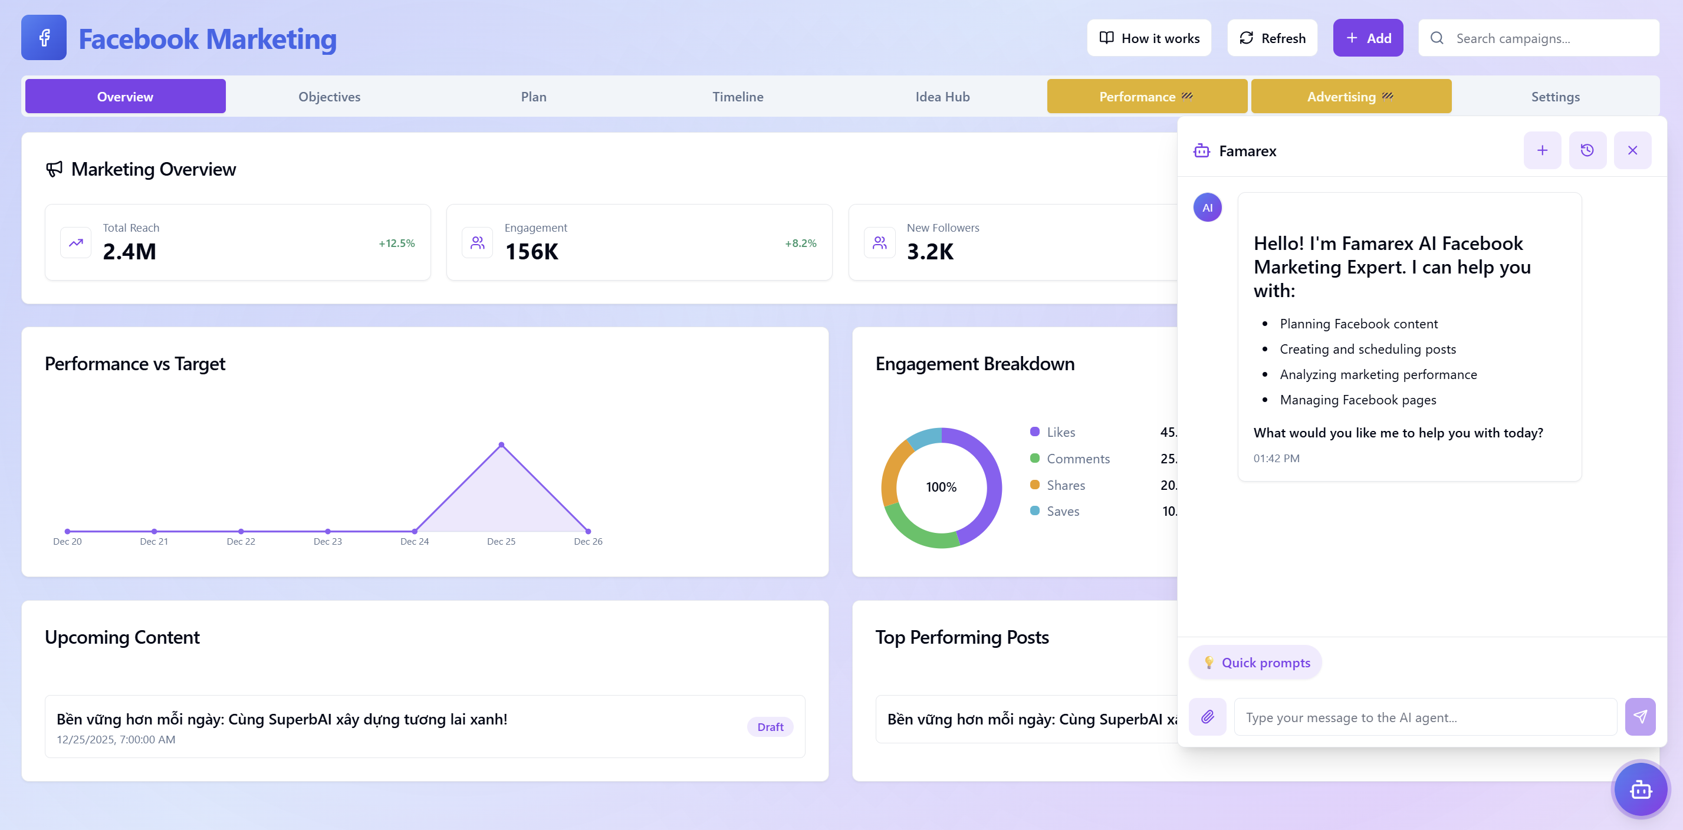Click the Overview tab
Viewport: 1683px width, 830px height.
click(x=125, y=97)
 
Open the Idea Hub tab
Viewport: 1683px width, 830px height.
click(x=942, y=97)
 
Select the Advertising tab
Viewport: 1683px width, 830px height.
click(x=1350, y=97)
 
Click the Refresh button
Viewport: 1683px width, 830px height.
click(x=1271, y=38)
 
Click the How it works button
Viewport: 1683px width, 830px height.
click(x=1149, y=38)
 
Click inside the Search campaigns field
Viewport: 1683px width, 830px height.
click(x=1549, y=38)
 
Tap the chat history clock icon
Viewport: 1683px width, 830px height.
click(x=1586, y=150)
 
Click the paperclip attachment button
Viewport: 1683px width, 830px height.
click(x=1207, y=716)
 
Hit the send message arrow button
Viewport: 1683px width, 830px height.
click(x=1639, y=716)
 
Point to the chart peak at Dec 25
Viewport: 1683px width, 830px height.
click(x=501, y=444)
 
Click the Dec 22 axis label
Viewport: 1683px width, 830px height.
click(x=241, y=541)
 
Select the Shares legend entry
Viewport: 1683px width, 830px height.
click(x=1065, y=485)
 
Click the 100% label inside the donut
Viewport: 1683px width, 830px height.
click(x=941, y=487)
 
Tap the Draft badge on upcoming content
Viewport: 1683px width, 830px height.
click(x=770, y=727)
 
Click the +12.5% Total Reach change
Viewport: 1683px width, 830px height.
click(x=397, y=243)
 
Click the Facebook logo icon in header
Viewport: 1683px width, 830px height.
click(x=44, y=38)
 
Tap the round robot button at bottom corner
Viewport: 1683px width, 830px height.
click(x=1640, y=789)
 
